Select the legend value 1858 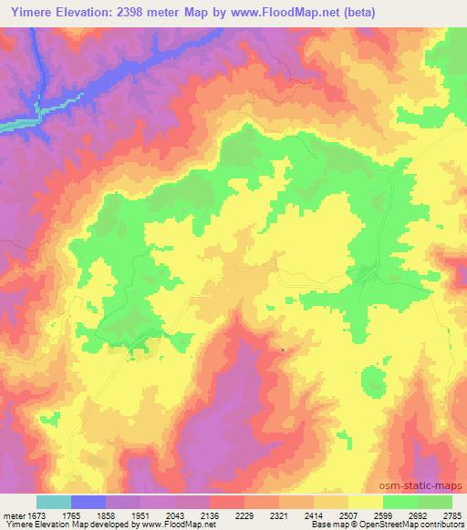[106, 515]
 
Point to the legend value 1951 [141, 515]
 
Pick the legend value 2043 [176, 515]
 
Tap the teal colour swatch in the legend [54, 502]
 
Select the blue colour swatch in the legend [88, 502]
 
